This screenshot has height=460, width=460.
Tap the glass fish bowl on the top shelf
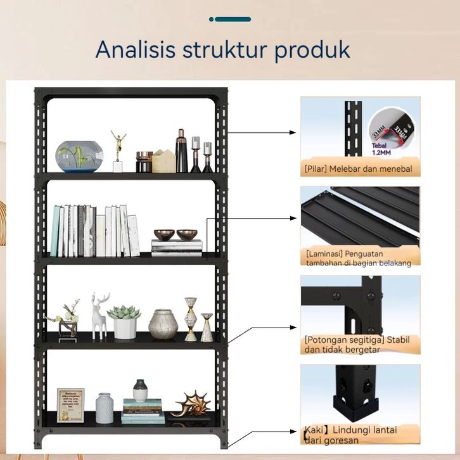pos(79,156)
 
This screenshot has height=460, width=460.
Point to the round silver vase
pos(163,324)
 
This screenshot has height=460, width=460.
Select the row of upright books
pos(95,231)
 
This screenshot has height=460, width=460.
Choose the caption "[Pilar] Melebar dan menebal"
pos(359,169)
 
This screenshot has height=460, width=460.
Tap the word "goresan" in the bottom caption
pos(340,440)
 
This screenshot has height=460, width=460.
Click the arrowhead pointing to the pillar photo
pos(293,133)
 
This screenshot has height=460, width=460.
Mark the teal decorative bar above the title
pos(230,19)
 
